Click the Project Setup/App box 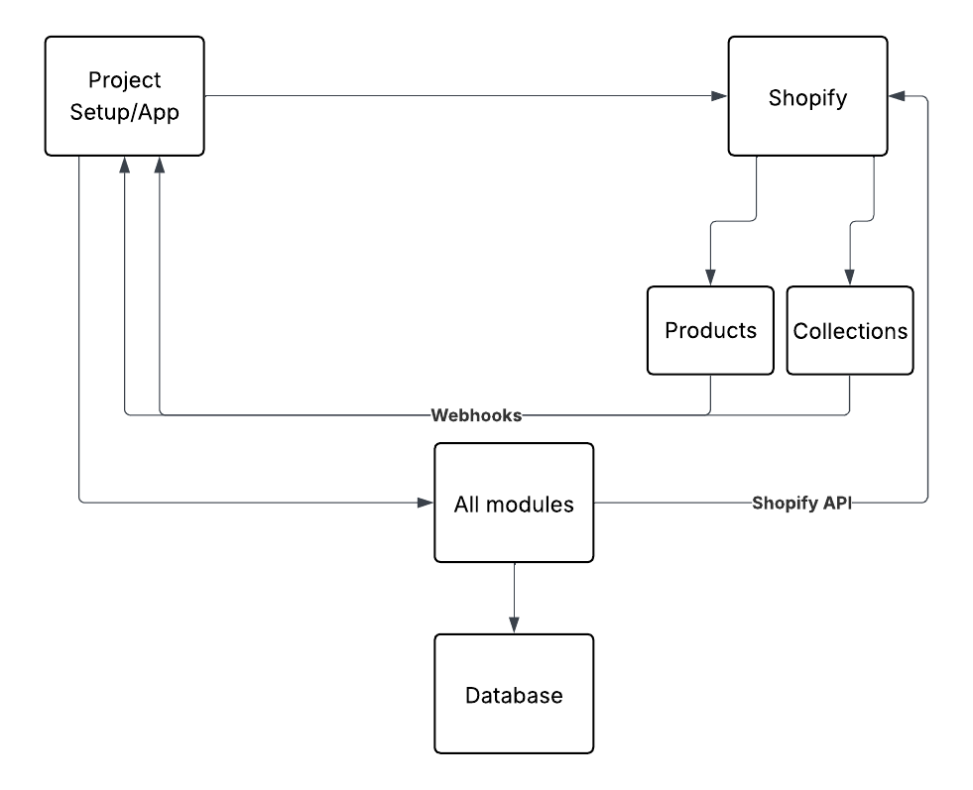tap(124, 96)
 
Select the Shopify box tap(807, 96)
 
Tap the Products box tap(710, 330)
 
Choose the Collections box tap(850, 330)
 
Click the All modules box tap(514, 504)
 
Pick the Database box tap(514, 695)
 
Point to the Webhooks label tap(476, 415)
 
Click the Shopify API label tap(802, 504)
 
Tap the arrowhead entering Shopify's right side tap(897, 96)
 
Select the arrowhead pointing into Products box tap(710, 279)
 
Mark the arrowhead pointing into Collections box tap(849, 279)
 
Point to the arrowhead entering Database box tap(514, 626)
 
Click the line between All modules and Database tap(514, 590)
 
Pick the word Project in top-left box tap(124, 80)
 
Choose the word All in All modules tap(467, 504)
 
